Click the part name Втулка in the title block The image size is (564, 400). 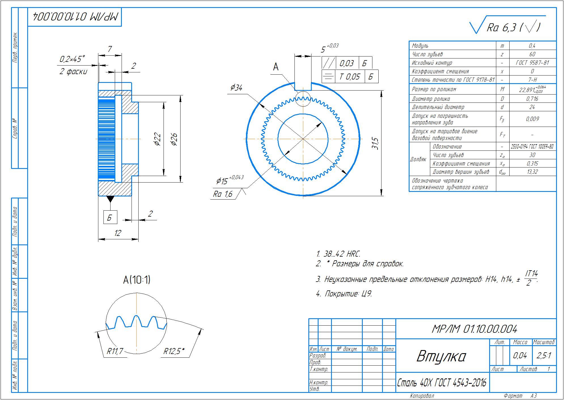pos(441,356)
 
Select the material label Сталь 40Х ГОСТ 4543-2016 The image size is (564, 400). pos(442,383)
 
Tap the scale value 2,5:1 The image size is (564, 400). pos(544,355)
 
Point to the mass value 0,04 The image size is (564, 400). pos(520,355)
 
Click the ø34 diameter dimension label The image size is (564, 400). pos(236,88)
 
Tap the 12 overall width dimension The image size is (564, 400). pos(118,233)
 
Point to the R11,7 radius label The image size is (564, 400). pos(115,351)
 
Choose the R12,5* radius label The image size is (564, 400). pos(174,351)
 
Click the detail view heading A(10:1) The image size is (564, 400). pos(137,280)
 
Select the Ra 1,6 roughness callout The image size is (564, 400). pos(222,194)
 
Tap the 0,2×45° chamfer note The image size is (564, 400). pos(72,59)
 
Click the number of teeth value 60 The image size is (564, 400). pos(532,54)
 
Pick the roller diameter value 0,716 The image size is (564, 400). pos(532,99)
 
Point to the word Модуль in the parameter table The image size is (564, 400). pos(420,46)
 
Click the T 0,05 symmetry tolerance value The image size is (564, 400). pos(349,76)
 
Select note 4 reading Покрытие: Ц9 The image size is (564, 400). pos(344,294)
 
